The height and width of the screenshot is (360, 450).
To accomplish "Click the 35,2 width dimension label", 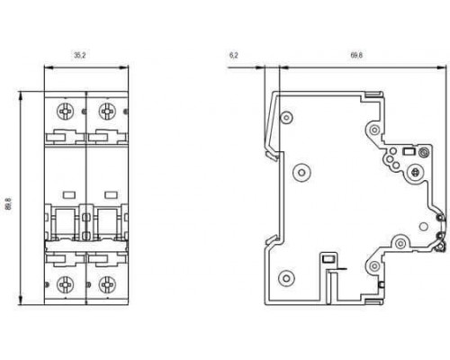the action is coord(80,55).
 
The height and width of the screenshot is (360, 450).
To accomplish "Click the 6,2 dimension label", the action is coord(234,55).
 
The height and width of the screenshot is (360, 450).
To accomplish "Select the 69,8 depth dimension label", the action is coord(356,55).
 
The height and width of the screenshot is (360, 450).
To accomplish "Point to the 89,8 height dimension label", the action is coord(9,203).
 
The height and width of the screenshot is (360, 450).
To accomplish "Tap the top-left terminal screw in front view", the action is coord(65,112).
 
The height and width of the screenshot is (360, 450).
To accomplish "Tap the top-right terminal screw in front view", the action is coord(107,112).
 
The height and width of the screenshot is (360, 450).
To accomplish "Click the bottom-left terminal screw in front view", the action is coord(65,284).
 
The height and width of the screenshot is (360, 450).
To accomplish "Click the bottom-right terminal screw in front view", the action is coord(107,284).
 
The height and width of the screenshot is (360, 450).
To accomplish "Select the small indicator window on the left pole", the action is coord(69,195).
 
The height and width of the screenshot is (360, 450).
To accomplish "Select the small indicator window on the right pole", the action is coord(111,195).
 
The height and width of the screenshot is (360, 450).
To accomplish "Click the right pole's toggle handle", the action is coord(107,222).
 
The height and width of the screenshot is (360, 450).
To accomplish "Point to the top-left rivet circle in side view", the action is coord(286,118).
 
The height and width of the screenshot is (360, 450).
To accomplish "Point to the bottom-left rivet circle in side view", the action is coord(286,278).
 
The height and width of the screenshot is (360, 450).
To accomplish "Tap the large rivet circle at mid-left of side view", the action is coord(301,172).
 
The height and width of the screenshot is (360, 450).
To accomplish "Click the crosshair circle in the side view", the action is coord(416,172).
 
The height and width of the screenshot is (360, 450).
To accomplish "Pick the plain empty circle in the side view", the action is coord(423,227).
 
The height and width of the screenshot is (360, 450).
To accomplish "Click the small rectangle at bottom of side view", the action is coord(328,258).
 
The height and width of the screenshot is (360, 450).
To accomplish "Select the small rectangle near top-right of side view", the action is coord(409,151).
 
